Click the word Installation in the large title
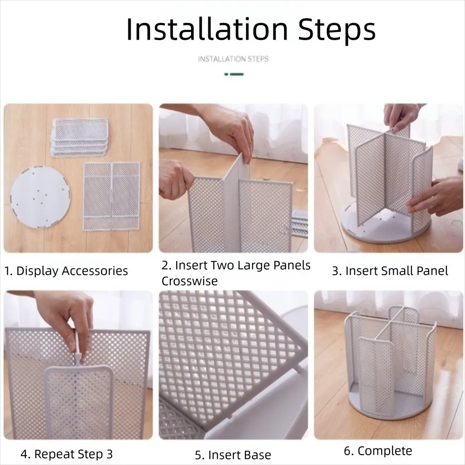[x=207, y=29]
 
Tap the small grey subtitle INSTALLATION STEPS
[x=233, y=59]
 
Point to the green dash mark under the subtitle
[x=234, y=74]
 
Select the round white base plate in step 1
[x=40, y=197]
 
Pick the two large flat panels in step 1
[x=112, y=196]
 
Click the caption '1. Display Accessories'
[x=66, y=271]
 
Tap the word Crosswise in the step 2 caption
[x=190, y=281]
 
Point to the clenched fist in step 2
[x=175, y=179]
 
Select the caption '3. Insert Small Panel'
[x=390, y=271]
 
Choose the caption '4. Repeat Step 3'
[x=66, y=454]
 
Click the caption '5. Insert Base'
[x=233, y=455]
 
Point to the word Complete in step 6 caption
[x=385, y=451]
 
